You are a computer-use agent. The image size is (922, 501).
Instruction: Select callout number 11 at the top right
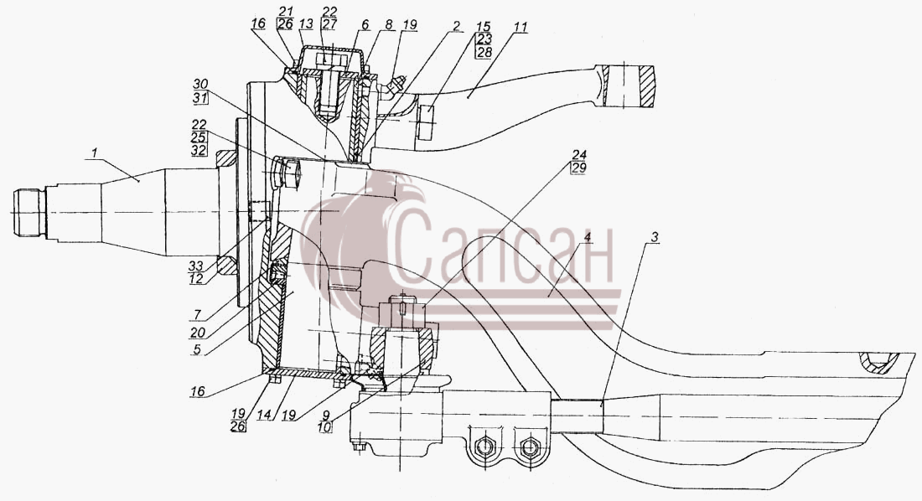pyautogui.click(x=521, y=27)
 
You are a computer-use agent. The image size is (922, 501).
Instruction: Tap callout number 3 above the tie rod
pyautogui.click(x=655, y=238)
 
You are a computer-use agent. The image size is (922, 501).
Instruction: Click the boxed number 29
pyautogui.click(x=578, y=168)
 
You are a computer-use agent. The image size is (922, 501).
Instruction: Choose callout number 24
pyautogui.click(x=578, y=155)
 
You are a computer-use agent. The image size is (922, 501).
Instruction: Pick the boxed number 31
pyautogui.click(x=200, y=98)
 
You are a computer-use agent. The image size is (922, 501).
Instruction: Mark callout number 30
pyautogui.click(x=200, y=84)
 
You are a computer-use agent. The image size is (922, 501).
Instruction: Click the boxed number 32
pyautogui.click(x=199, y=150)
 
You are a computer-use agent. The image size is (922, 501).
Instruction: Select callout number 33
pyautogui.click(x=196, y=266)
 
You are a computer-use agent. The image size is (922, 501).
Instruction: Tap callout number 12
pyautogui.click(x=196, y=279)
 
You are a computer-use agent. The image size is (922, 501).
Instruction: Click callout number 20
pyautogui.click(x=198, y=333)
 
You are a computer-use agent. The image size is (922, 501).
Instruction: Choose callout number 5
pyautogui.click(x=197, y=350)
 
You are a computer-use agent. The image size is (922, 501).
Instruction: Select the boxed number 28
pyautogui.click(x=484, y=52)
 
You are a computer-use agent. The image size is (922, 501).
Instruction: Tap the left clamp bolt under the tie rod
pyautogui.click(x=483, y=447)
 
